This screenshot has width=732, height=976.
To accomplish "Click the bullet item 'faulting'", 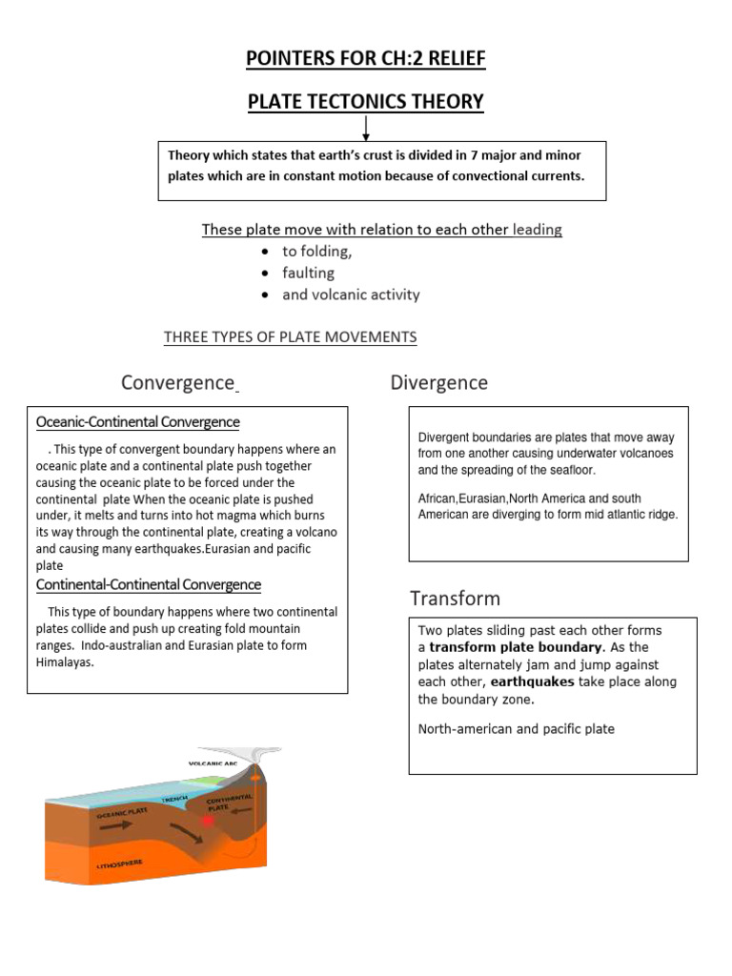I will point(308,273).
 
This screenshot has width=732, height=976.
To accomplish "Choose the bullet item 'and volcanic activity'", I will point(351,295).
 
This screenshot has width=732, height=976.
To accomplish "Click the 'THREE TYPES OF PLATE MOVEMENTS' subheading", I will point(290,337).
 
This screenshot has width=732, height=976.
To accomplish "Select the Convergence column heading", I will point(177,383).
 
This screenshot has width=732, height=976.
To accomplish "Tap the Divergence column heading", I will point(438,383).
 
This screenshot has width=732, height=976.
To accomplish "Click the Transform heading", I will point(455,599).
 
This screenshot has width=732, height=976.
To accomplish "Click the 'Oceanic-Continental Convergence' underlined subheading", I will point(138,422).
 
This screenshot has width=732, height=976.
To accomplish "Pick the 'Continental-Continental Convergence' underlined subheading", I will point(149,584).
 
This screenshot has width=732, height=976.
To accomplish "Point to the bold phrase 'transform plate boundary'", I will point(516,647).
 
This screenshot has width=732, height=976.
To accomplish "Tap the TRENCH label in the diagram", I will point(174,800).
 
